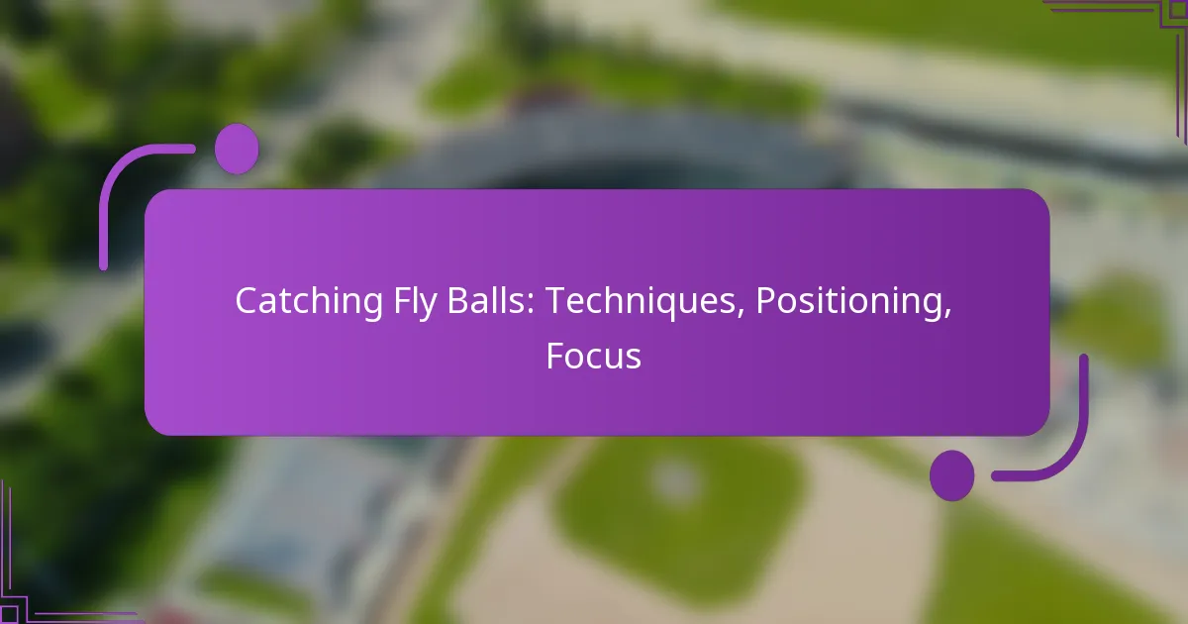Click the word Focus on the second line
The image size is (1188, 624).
593,356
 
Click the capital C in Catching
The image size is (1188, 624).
244,302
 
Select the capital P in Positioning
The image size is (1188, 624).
765,302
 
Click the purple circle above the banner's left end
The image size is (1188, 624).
237,150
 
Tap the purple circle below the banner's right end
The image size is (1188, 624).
951,474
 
